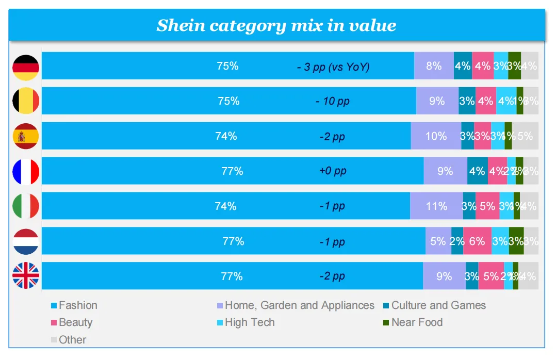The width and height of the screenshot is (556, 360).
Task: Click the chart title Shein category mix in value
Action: (x=276, y=25)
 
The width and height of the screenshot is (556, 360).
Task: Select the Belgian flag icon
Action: (x=26, y=101)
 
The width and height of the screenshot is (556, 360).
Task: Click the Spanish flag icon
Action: (x=26, y=136)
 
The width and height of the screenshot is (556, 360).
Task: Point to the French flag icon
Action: (x=26, y=171)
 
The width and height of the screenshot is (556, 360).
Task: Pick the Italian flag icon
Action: (x=26, y=206)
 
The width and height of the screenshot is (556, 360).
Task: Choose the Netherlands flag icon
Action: (x=26, y=241)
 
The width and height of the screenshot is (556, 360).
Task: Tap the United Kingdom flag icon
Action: (x=26, y=276)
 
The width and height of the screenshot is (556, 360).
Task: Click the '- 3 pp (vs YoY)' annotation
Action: (x=333, y=67)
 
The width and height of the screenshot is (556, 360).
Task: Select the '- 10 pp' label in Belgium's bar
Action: (x=333, y=101)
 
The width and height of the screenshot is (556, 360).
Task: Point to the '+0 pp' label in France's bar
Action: (x=333, y=171)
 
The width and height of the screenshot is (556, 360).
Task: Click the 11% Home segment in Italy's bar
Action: (x=436, y=206)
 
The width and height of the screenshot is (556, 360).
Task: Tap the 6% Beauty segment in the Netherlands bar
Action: (x=477, y=241)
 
